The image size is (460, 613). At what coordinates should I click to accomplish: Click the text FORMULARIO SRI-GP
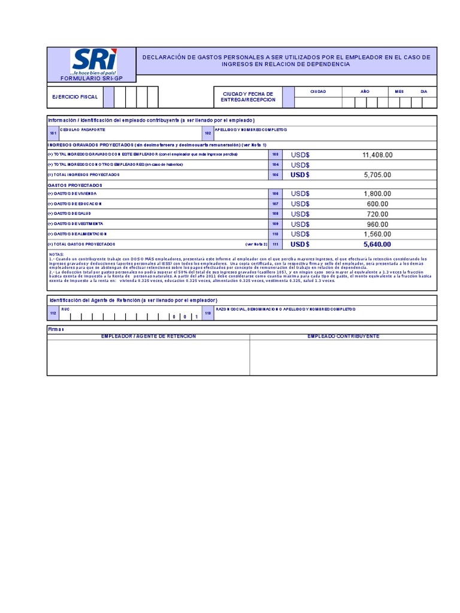click(x=92, y=78)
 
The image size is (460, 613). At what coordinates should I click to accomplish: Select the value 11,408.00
click(x=377, y=155)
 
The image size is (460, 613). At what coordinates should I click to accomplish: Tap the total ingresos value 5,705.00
click(x=377, y=175)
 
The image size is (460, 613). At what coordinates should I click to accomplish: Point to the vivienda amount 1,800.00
click(x=377, y=194)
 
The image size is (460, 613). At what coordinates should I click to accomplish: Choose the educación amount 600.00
click(x=377, y=204)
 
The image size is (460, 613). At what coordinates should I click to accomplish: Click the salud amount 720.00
click(x=377, y=214)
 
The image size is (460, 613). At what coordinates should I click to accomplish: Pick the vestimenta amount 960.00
click(x=377, y=224)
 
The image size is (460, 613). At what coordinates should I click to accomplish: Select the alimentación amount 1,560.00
click(x=377, y=234)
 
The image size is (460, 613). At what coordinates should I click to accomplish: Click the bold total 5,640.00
click(x=377, y=244)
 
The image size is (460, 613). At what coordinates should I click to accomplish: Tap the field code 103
click(x=276, y=154)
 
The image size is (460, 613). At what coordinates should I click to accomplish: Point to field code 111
click(x=276, y=244)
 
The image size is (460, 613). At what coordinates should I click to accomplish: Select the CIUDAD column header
click(x=317, y=92)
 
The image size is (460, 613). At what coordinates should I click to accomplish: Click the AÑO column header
click(x=365, y=92)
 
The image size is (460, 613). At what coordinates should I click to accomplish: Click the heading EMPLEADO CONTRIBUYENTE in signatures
click(x=343, y=336)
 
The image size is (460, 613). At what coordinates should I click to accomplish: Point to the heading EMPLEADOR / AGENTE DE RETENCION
click(x=149, y=336)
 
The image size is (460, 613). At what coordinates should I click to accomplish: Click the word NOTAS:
click(x=56, y=254)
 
